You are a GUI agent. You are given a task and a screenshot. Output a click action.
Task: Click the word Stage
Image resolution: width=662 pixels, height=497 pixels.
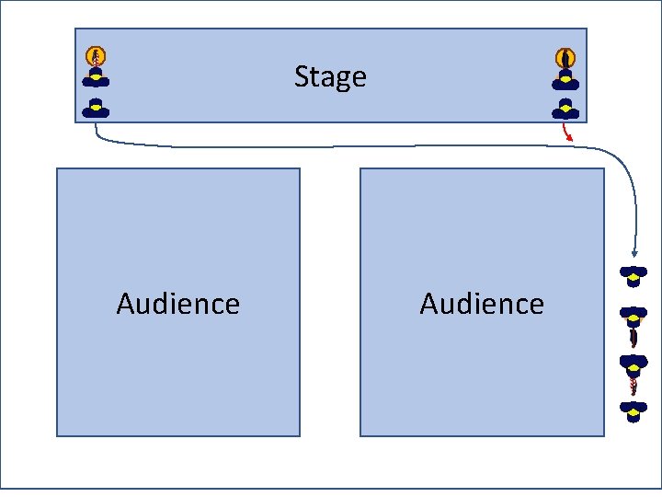(330, 76)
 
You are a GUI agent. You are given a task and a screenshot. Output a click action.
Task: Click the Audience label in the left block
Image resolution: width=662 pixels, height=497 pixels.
(178, 304)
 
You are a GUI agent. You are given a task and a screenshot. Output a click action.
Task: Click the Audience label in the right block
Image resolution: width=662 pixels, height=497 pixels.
(482, 304)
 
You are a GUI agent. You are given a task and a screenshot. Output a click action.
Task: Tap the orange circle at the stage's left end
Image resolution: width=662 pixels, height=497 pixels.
(96, 56)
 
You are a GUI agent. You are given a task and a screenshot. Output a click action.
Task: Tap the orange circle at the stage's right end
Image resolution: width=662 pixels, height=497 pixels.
(565, 57)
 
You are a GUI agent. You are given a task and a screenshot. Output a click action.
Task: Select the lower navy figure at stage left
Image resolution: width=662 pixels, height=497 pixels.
(96, 108)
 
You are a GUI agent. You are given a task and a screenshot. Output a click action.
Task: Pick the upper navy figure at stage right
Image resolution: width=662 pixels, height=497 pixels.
(565, 79)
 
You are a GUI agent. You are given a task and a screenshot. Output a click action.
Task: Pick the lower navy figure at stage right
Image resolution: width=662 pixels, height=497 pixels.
(565, 109)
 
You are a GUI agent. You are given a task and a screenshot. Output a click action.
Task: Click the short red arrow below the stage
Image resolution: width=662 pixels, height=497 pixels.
(568, 133)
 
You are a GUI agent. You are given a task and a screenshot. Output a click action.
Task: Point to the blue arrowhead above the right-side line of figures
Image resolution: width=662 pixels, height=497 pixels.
(633, 251)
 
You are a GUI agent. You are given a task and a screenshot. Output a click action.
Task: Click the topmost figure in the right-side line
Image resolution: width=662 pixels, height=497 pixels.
(633, 274)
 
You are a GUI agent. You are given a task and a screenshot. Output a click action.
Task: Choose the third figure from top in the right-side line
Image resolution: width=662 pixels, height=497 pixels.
(633, 364)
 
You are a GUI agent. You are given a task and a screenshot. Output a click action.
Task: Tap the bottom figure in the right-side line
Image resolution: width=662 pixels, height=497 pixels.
(633, 410)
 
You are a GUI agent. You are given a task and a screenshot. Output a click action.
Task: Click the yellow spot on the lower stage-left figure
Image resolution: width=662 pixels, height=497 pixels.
(96, 106)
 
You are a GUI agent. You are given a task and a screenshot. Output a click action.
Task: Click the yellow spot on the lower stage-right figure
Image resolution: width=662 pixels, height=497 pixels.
(565, 107)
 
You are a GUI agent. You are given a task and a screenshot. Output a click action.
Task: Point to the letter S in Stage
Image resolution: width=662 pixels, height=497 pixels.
(301, 76)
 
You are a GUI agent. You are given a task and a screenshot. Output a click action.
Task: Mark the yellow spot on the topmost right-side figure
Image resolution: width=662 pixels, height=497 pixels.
(633, 272)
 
